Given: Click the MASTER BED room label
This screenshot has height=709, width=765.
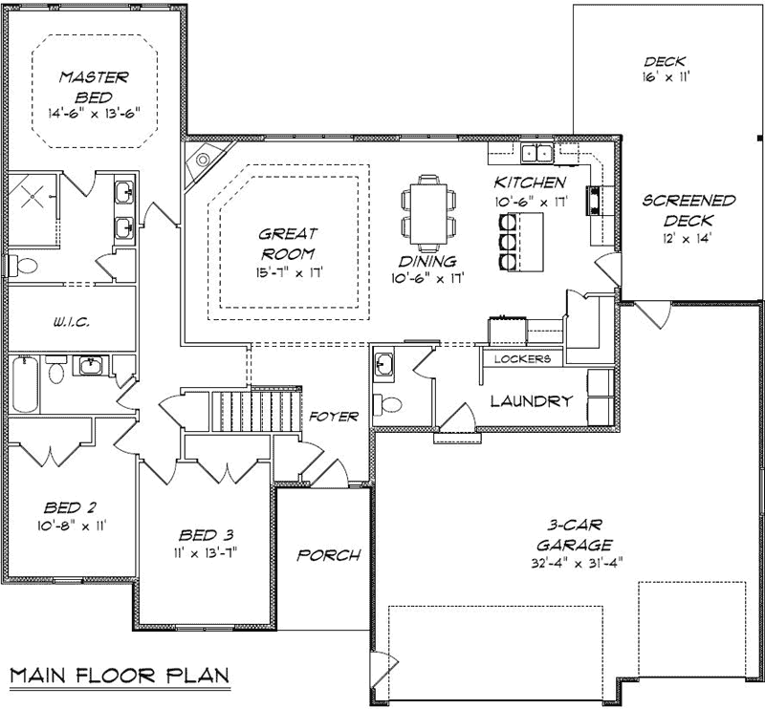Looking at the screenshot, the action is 94,87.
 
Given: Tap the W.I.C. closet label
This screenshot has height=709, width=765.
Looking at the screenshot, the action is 71,322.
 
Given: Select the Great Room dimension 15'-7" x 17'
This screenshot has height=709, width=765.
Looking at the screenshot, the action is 289,272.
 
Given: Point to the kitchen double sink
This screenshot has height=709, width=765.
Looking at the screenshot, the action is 536,153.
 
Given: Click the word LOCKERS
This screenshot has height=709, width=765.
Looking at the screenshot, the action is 522,359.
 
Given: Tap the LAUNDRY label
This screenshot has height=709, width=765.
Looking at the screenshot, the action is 532,400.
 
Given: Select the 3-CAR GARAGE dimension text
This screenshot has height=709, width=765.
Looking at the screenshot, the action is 578,563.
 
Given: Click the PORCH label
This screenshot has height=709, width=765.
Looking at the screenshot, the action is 329,555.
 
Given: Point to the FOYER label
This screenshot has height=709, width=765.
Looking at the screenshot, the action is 334,417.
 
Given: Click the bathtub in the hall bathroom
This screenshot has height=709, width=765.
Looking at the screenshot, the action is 25,385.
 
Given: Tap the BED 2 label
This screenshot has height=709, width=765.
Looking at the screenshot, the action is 69,507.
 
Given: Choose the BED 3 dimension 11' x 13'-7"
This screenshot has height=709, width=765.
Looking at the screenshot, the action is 204,553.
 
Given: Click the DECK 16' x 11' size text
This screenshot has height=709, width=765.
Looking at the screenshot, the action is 665,77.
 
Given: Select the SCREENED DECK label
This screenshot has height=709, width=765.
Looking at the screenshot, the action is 688,210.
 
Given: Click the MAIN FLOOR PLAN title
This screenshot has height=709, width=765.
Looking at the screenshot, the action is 120,676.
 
